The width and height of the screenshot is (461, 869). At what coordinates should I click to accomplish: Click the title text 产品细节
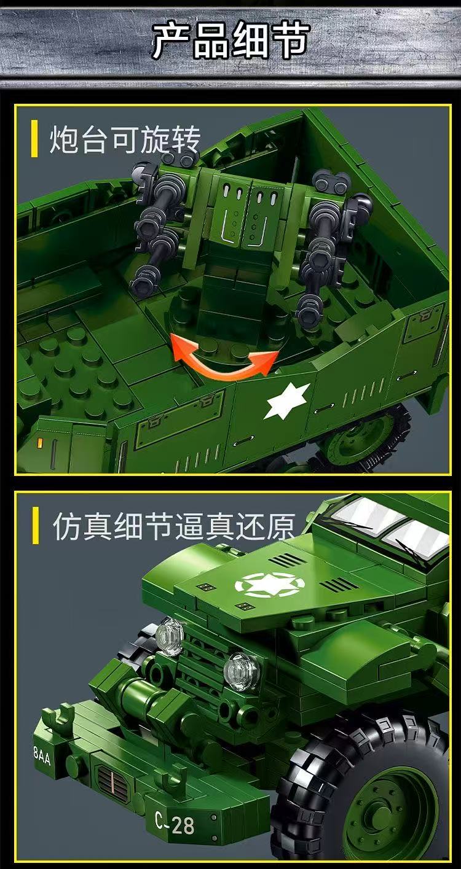tap(230, 42)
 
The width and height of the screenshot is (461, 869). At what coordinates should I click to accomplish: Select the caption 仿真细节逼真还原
tap(174, 527)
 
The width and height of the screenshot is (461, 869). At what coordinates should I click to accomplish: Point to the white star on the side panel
tap(287, 402)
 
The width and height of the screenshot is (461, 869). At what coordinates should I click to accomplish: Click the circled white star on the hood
tap(266, 584)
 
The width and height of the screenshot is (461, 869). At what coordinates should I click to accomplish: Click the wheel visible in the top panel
tap(363, 437)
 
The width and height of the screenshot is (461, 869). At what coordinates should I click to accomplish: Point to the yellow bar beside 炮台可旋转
tap(34, 140)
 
